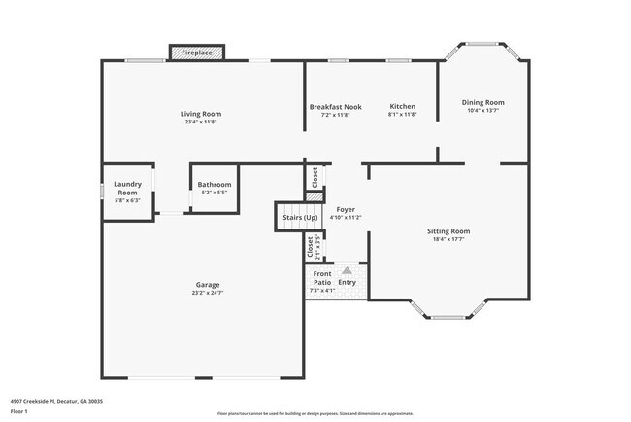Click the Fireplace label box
click(x=197, y=52)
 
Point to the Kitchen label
click(x=402, y=106)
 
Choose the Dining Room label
click(x=482, y=102)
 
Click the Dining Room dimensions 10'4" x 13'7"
click(x=482, y=111)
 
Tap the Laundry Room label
click(x=128, y=188)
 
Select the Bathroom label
click(x=214, y=184)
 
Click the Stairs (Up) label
click(x=300, y=217)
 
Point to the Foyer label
click(x=346, y=209)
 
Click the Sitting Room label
click(x=448, y=231)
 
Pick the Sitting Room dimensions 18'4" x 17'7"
click(x=448, y=239)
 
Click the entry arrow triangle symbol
click(x=348, y=270)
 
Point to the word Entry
click(x=348, y=283)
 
